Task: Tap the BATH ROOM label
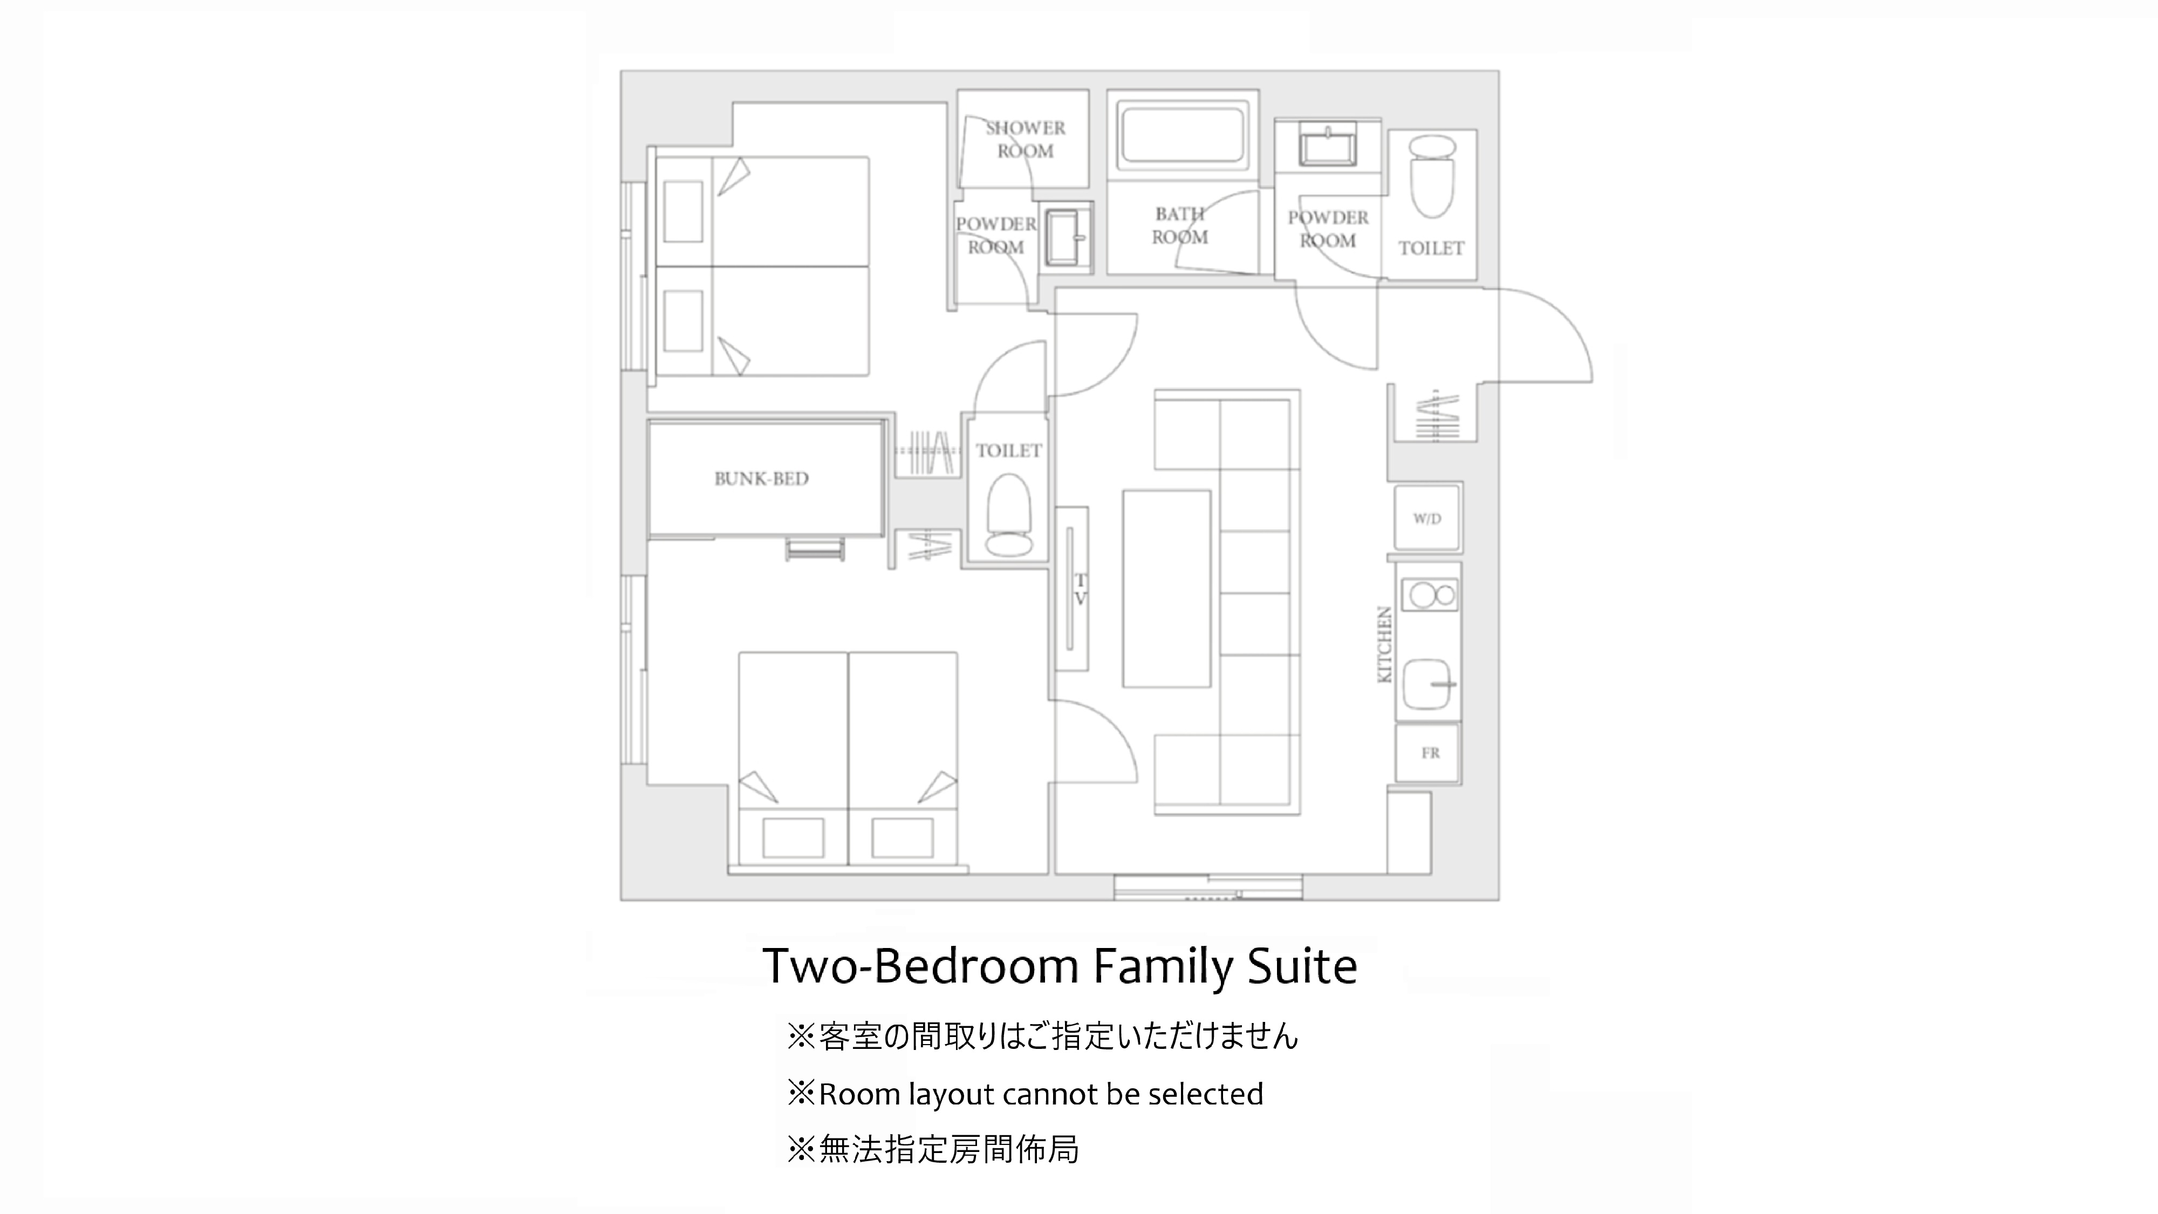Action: pos(1179,226)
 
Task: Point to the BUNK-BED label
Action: pos(761,479)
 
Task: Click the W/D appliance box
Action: pos(1428,519)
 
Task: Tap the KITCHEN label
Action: pos(1385,644)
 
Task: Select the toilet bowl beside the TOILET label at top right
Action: pos(1432,178)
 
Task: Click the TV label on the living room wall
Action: pos(1081,589)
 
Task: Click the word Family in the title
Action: pos(1164,967)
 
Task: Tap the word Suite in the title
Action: pos(1303,967)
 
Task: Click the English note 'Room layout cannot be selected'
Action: pos(1041,1094)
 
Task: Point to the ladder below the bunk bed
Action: pos(814,550)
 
